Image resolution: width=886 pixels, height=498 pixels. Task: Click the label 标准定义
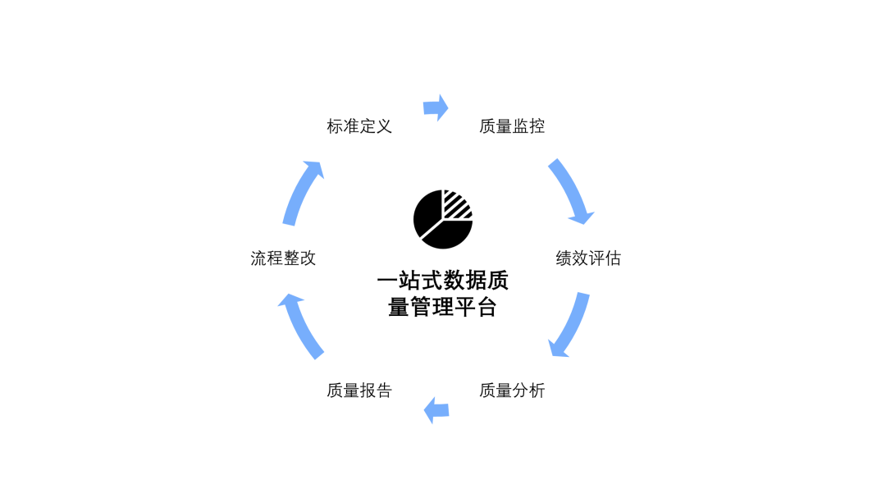tap(359, 126)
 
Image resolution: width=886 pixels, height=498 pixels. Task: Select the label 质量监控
tap(512, 126)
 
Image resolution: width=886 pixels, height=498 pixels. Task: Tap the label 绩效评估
tap(588, 258)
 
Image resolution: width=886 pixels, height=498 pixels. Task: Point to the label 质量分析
tap(512, 390)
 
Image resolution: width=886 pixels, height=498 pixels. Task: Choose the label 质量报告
tap(359, 390)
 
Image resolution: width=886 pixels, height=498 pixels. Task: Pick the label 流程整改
tap(283, 258)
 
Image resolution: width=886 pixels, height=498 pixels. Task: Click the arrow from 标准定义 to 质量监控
tap(436, 107)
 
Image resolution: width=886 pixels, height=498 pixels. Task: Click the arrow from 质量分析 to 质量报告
tap(436, 410)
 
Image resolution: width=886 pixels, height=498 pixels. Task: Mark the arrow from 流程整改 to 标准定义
tap(301, 192)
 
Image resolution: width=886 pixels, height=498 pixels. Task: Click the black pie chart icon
tap(443, 219)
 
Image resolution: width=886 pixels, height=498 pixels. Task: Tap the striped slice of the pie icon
tap(456, 204)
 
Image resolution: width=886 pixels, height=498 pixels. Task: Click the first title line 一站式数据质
tap(443, 281)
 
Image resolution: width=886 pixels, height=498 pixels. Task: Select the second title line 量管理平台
tap(442, 307)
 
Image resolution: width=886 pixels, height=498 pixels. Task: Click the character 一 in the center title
tap(387, 281)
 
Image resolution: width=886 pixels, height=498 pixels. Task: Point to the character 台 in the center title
tap(486, 307)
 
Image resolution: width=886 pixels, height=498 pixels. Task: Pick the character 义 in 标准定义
tap(384, 126)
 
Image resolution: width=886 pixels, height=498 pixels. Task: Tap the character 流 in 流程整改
tap(258, 258)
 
